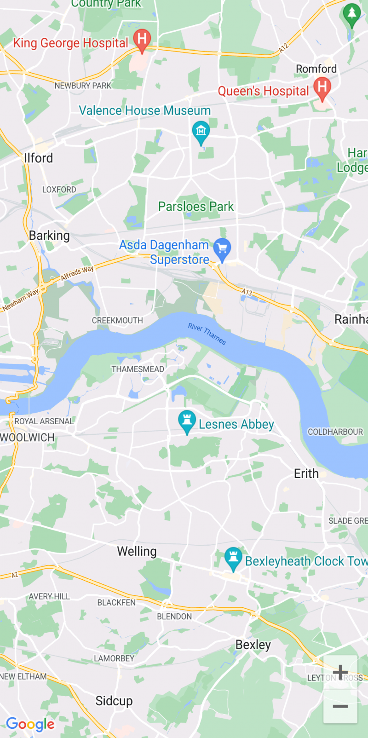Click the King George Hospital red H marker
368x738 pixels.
click(x=142, y=39)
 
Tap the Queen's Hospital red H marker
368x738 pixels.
click(x=322, y=87)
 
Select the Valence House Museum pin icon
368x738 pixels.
click(x=201, y=131)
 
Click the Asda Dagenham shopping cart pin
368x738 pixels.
click(x=222, y=249)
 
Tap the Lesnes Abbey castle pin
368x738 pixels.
click(x=187, y=421)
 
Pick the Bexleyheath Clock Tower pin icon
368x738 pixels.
click(x=233, y=558)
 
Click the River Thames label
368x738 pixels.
click(x=207, y=334)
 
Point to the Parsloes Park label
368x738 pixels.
click(x=196, y=207)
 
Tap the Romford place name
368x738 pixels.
click(x=316, y=69)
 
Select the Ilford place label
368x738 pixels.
click(x=38, y=158)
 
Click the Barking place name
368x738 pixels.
click(x=49, y=236)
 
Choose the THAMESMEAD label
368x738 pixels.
click(x=138, y=369)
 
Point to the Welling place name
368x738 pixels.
click(x=137, y=551)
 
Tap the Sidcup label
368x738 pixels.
click(x=114, y=701)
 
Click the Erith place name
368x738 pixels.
click(x=306, y=473)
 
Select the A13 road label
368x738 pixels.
click(x=247, y=292)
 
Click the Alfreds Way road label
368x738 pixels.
click(x=77, y=273)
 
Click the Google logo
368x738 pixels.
click(x=30, y=724)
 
